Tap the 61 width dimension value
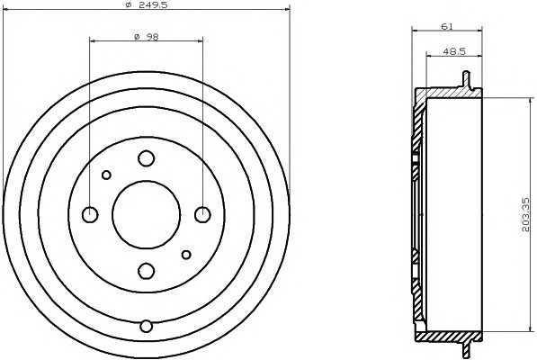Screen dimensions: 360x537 click(446, 26)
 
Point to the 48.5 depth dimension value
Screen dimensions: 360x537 click(454, 52)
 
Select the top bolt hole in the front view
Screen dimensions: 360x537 click(146, 158)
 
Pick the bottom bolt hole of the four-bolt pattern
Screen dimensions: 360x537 click(146, 270)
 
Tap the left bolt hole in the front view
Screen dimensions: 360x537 click(90, 214)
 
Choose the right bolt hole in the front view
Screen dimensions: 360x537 click(201, 214)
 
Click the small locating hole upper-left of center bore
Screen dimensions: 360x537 click(106, 175)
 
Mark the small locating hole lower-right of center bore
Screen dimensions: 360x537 click(185, 254)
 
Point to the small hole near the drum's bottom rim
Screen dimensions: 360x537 click(146, 325)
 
